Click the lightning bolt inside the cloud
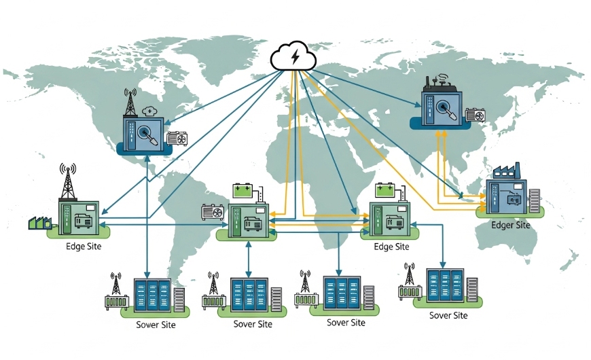[293, 58]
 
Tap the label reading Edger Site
[509, 225]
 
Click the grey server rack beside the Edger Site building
[535, 201]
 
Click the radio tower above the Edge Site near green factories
[68, 181]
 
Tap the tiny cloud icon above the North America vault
[150, 101]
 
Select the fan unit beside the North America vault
[177, 138]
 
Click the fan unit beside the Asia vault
[474, 115]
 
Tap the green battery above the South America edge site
[243, 189]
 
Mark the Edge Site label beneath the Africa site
[391, 247]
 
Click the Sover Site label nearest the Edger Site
[448, 315]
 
